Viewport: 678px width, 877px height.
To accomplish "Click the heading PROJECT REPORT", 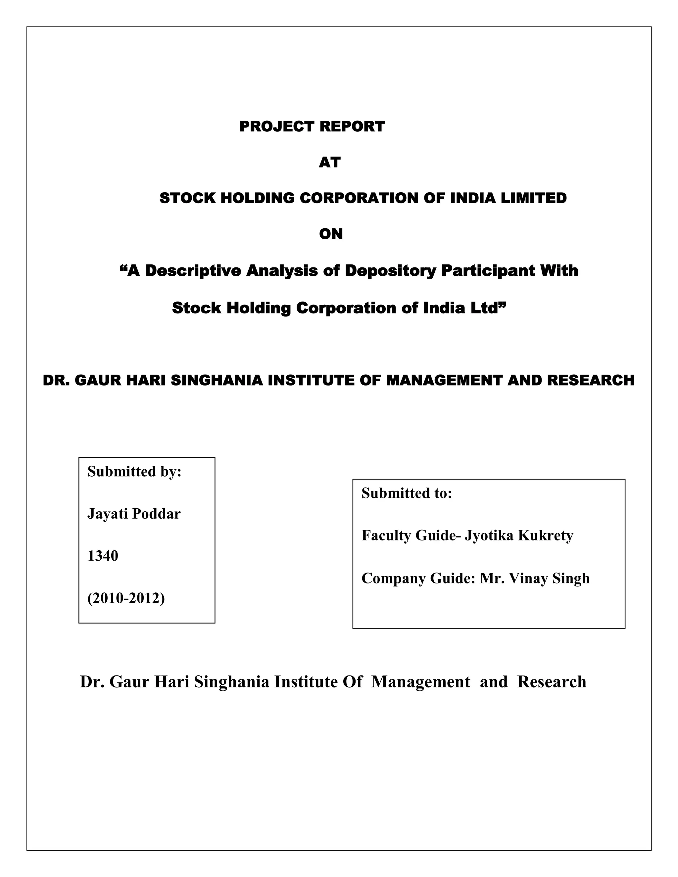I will pyautogui.click(x=312, y=126).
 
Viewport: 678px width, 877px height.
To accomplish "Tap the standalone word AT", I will pyautogui.click(x=330, y=162).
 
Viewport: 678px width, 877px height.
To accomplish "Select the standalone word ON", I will pyautogui.click(x=331, y=234).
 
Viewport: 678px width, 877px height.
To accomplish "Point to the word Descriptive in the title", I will pyautogui.click(x=193, y=271).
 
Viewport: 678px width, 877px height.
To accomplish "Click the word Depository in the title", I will pyautogui.click(x=390, y=271).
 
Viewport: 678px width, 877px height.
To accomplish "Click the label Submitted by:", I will pyautogui.click(x=134, y=471).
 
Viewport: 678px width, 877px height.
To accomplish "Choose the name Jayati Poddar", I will pyautogui.click(x=134, y=514).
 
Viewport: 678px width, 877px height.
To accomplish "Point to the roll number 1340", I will pyautogui.click(x=103, y=556).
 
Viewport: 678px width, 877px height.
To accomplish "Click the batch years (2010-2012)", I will pyautogui.click(x=126, y=598).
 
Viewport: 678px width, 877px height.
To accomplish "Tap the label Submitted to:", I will pyautogui.click(x=407, y=493).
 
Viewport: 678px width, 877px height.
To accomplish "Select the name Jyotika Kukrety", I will pyautogui.click(x=519, y=535).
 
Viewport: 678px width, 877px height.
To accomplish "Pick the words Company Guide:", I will pyautogui.click(x=418, y=578).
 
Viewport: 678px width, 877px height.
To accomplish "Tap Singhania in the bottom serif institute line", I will pyautogui.click(x=231, y=682).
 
